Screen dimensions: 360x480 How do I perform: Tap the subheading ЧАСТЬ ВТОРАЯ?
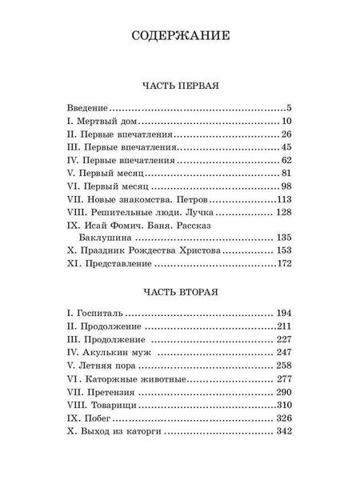[179, 290]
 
